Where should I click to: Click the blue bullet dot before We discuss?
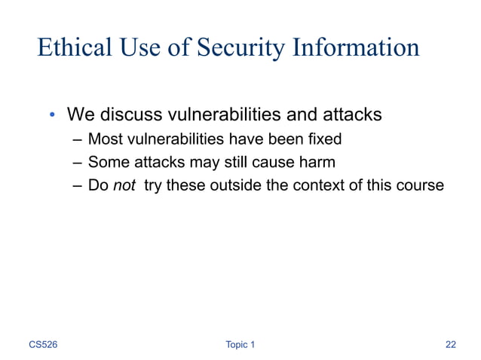(52, 115)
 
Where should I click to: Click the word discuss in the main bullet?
(132, 115)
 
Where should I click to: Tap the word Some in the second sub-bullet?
(108, 162)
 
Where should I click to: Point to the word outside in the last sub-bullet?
(228, 185)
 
